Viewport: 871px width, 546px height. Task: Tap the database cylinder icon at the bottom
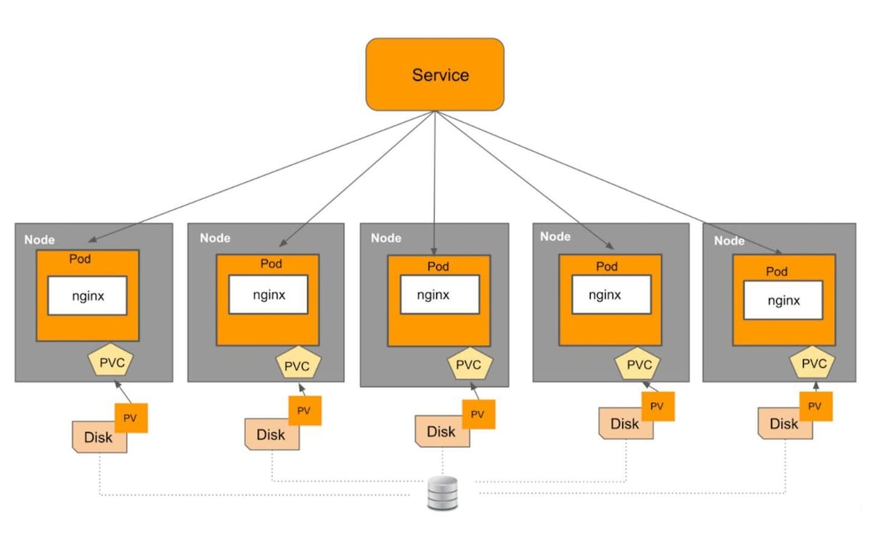442,493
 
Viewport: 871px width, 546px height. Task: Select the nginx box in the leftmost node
88,296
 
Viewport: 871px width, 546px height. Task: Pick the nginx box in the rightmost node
784,299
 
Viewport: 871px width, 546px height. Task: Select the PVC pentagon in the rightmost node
814,362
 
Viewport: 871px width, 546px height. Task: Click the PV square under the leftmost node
131,417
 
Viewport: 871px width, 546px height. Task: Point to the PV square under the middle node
478,415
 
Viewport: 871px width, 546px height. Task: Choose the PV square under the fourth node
657,406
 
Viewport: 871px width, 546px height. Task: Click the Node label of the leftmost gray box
39,239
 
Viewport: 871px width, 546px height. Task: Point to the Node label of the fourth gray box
555,236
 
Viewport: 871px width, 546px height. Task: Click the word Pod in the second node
271,264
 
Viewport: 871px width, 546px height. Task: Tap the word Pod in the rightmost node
777,272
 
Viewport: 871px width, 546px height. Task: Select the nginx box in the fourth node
605,295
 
